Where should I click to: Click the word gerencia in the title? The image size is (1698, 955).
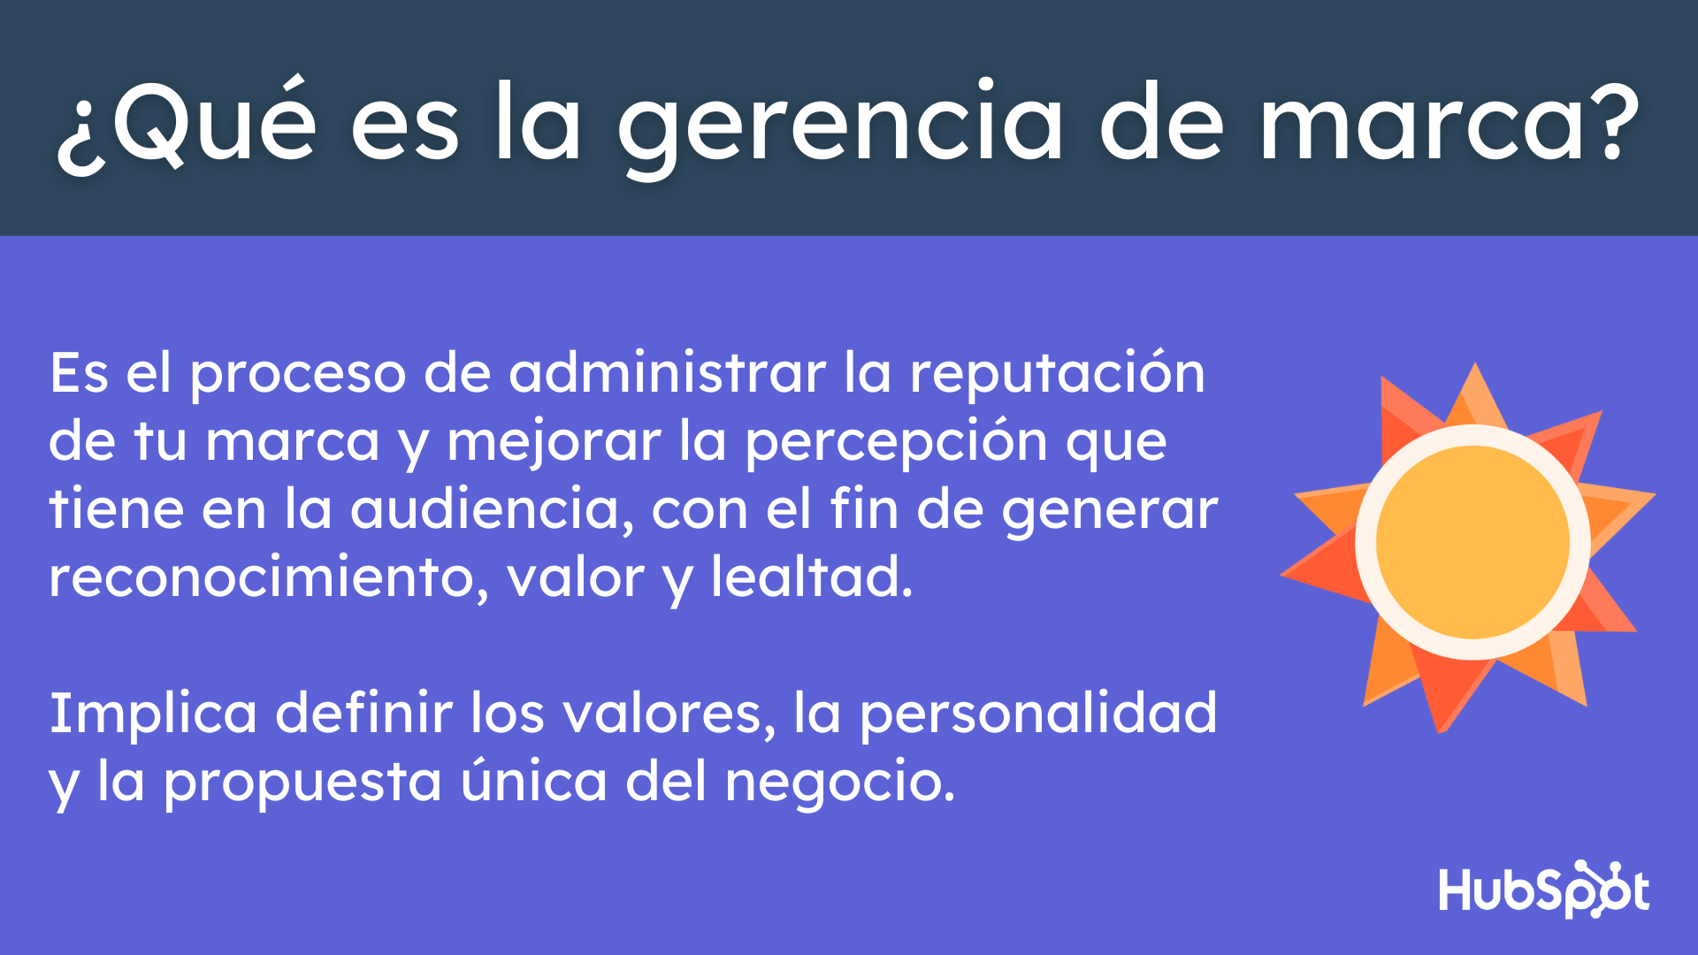(840, 124)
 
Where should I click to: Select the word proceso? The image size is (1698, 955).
(297, 375)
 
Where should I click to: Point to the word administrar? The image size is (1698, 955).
(668, 373)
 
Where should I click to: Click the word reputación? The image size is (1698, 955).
(1057, 375)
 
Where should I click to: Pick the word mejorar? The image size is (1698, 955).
(554, 442)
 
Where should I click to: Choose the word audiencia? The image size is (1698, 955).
(492, 510)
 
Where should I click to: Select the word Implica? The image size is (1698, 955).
(153, 714)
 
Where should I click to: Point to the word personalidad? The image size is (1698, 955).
(1038, 714)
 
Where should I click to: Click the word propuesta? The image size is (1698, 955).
(302, 783)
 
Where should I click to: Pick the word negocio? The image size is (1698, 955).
(839, 783)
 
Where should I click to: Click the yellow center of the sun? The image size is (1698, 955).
(1472, 542)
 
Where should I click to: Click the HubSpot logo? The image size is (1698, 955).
(1543, 889)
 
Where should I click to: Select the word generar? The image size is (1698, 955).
(1110, 512)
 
